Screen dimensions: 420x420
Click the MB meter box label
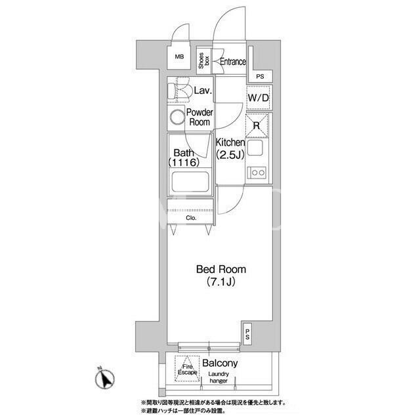click(x=179, y=57)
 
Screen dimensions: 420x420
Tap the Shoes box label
click(x=204, y=60)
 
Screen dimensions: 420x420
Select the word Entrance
click(x=233, y=62)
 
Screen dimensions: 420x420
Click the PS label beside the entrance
click(x=260, y=77)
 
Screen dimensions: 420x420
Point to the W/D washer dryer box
click(x=258, y=98)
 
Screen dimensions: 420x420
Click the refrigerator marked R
click(x=257, y=125)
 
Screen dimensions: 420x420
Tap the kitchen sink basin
click(x=255, y=148)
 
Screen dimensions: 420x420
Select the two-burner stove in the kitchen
click(x=257, y=173)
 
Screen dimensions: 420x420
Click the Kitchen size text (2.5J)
click(x=230, y=155)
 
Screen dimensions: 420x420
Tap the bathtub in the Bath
click(x=190, y=182)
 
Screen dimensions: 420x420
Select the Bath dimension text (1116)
click(x=184, y=162)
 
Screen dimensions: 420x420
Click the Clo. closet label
click(x=191, y=218)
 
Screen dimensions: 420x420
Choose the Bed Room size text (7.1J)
click(x=221, y=282)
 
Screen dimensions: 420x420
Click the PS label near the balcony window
click(x=247, y=334)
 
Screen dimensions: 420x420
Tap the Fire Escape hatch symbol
click(x=187, y=369)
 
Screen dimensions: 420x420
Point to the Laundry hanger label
click(x=219, y=377)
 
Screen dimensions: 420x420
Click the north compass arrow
click(x=105, y=379)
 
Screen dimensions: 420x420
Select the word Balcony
click(x=220, y=363)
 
